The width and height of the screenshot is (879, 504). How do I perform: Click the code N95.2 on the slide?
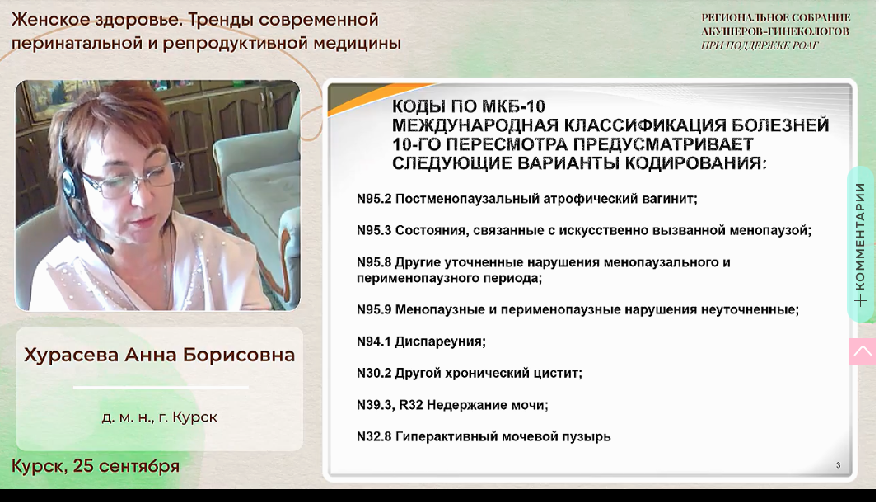coord(374,199)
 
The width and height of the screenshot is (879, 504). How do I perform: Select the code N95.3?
coord(374,230)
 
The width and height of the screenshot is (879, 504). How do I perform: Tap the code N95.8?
coord(374,262)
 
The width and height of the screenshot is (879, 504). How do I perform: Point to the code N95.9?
coord(374,309)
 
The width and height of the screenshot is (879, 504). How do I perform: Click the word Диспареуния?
coord(440,341)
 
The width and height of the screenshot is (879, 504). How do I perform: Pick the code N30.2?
coord(374,373)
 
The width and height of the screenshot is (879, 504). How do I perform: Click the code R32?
coord(411,405)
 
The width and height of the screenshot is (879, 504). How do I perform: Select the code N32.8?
coord(374,436)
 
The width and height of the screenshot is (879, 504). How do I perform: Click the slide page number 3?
coord(838,464)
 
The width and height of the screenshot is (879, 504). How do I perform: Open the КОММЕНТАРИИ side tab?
coord(861,244)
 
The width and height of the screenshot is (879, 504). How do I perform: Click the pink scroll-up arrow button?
coord(863,351)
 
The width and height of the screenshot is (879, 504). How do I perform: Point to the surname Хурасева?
coord(71,356)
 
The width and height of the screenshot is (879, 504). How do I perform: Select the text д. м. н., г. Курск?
coord(160,417)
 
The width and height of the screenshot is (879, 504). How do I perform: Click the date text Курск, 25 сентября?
coord(96,466)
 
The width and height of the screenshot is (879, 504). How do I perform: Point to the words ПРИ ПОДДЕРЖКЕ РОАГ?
coord(760,45)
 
